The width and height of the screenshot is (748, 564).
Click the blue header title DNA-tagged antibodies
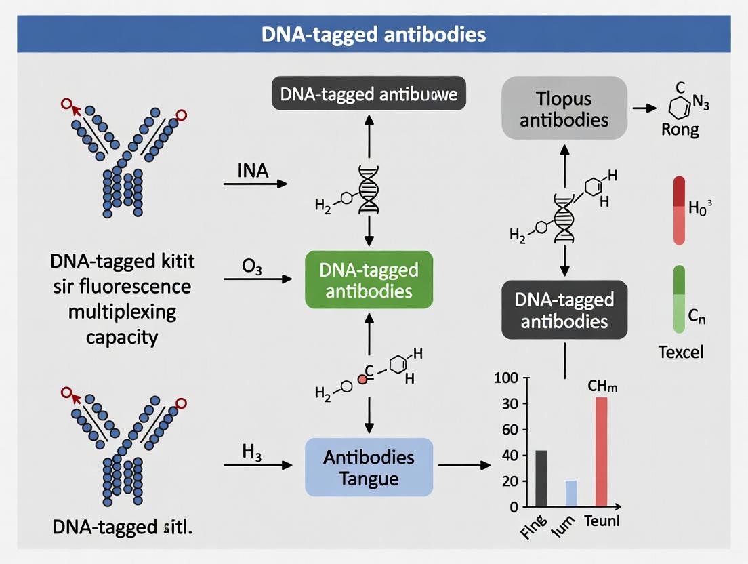tap(374, 34)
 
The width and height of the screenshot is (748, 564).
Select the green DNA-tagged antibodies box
tap(369, 280)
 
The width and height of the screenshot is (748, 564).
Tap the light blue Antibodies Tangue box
tap(369, 467)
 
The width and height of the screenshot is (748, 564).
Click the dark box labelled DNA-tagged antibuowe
tap(369, 95)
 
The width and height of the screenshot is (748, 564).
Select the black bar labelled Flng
tap(541, 478)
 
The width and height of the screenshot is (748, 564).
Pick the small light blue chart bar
tap(571, 493)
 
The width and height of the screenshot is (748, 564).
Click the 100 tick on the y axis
tap(506, 378)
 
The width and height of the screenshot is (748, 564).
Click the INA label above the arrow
tap(253, 169)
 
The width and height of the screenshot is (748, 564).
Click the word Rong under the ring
tap(680, 129)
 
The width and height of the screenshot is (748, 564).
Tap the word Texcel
tap(680, 352)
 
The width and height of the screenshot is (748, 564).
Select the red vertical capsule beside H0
tap(679, 210)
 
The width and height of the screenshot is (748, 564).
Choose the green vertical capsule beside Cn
tap(679, 300)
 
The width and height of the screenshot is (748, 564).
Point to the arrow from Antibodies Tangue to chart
tap(464, 466)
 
